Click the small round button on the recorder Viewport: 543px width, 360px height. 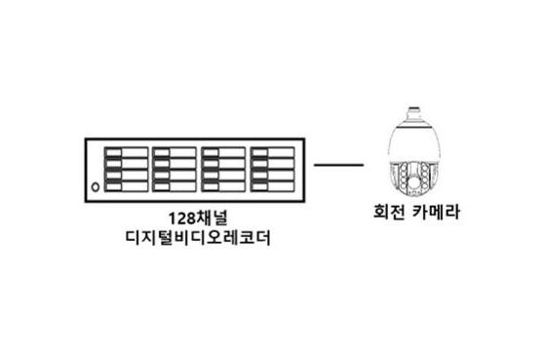pos(94,186)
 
